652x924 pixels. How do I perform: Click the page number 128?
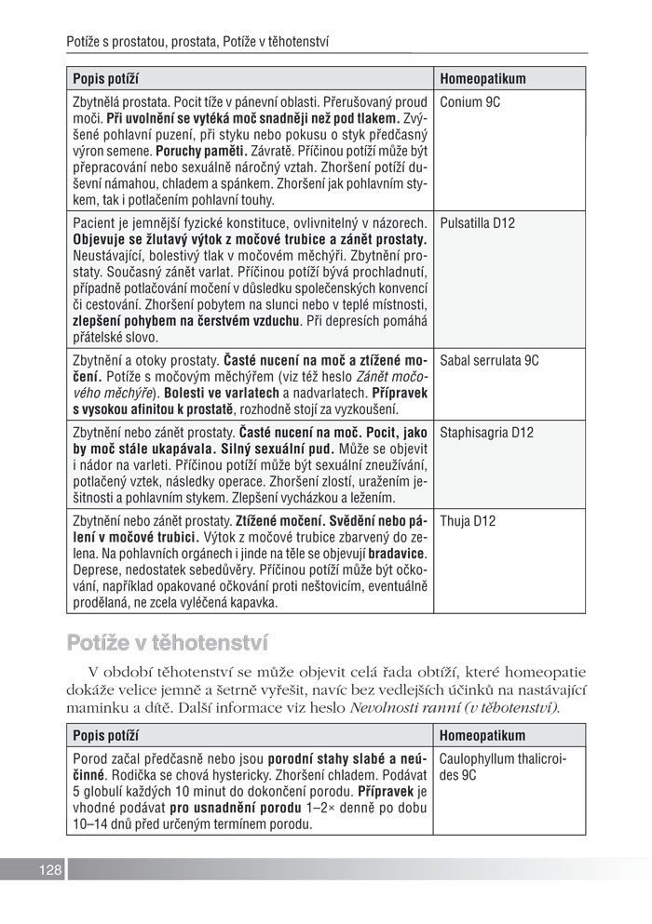tap(50, 870)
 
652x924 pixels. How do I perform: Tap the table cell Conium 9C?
tap(470, 102)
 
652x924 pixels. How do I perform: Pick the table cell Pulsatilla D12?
tap(478, 223)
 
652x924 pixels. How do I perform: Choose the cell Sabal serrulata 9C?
tap(490, 359)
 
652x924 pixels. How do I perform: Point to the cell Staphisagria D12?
tap(486, 433)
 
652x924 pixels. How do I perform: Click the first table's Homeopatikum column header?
tap(483, 79)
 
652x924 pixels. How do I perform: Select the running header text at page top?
tap(200, 42)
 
